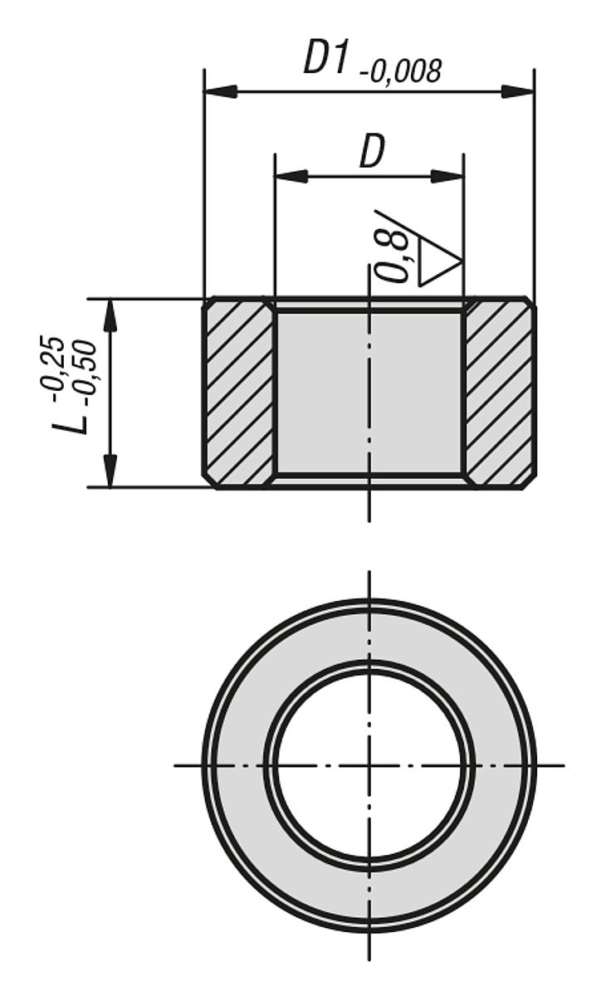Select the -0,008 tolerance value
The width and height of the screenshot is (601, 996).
coord(401,72)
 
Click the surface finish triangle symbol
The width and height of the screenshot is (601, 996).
coord(440,262)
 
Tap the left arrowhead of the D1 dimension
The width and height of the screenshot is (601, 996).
coord(220,91)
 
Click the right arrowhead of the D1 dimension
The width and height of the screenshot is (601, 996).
coord(518,91)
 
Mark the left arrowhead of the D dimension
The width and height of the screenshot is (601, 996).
coord(291,176)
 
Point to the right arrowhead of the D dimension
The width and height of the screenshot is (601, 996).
coord(447,176)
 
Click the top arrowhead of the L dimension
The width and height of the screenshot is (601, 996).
coord(110,315)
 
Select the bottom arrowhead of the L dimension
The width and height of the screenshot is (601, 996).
coord(110,471)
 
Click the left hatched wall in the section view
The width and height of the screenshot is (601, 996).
coord(239,393)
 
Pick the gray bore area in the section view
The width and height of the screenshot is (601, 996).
coord(369,393)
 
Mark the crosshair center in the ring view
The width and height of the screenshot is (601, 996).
coord(369,764)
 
